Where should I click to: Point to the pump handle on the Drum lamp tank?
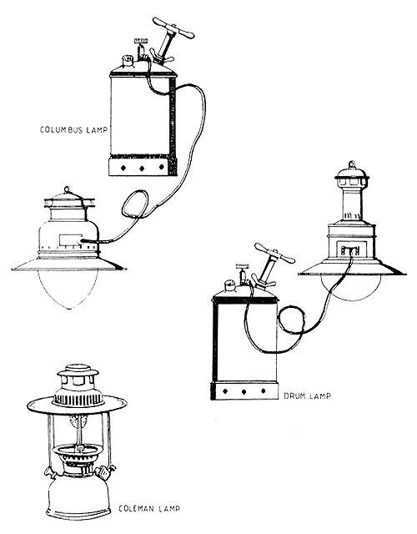[274, 253]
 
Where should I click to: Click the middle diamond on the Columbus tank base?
[142, 168]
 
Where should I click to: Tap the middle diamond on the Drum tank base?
[244, 392]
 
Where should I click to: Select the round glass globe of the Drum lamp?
[350, 288]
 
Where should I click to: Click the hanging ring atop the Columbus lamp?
[67, 189]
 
